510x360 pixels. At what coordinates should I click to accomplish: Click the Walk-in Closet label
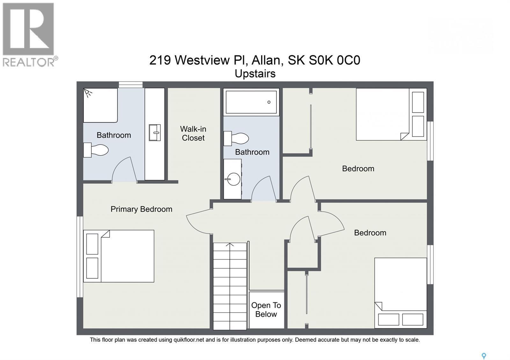193,133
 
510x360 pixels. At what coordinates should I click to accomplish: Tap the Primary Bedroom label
141,209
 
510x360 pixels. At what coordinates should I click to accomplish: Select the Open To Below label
266,310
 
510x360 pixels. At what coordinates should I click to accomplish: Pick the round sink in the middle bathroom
233,179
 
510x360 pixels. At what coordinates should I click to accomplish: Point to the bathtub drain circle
269,102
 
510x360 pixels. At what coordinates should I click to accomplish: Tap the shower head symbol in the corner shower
88,93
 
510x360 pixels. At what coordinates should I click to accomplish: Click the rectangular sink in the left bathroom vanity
155,133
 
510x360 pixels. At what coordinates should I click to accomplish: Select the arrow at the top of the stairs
230,245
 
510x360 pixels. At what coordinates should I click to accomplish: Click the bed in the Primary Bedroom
119,256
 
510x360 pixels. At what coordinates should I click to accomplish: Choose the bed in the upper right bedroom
391,114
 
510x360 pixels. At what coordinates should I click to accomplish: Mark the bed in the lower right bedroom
401,293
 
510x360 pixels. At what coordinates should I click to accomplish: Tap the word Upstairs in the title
255,74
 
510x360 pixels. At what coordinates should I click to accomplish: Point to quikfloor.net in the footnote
188,340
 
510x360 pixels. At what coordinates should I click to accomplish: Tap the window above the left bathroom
131,84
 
